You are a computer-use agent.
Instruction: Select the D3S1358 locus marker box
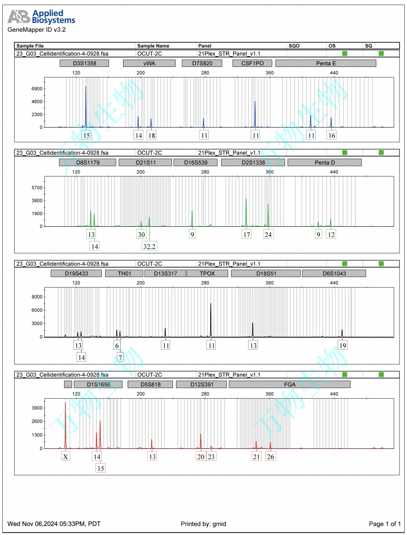[84, 63]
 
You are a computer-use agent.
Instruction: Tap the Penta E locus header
[325, 63]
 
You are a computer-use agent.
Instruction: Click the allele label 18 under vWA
[151, 135]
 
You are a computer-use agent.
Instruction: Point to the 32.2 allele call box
[149, 246]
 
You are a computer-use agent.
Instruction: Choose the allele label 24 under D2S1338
[268, 234]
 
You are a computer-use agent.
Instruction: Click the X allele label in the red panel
[66, 456]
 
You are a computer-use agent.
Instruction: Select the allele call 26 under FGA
[271, 456]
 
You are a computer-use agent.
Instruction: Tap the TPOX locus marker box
[207, 273]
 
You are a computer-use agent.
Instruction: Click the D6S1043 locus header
[334, 273]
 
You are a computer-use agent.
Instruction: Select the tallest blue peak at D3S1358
[85, 88]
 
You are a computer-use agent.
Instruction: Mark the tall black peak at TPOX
[211, 304]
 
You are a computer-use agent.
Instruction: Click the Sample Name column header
[153, 46]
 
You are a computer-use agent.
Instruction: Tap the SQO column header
[294, 46]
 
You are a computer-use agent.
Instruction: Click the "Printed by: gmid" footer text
[203, 523]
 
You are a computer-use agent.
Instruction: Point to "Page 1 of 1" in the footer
[385, 523]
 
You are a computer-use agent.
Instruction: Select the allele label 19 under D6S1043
[342, 345]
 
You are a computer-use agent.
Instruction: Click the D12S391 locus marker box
[201, 384]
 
